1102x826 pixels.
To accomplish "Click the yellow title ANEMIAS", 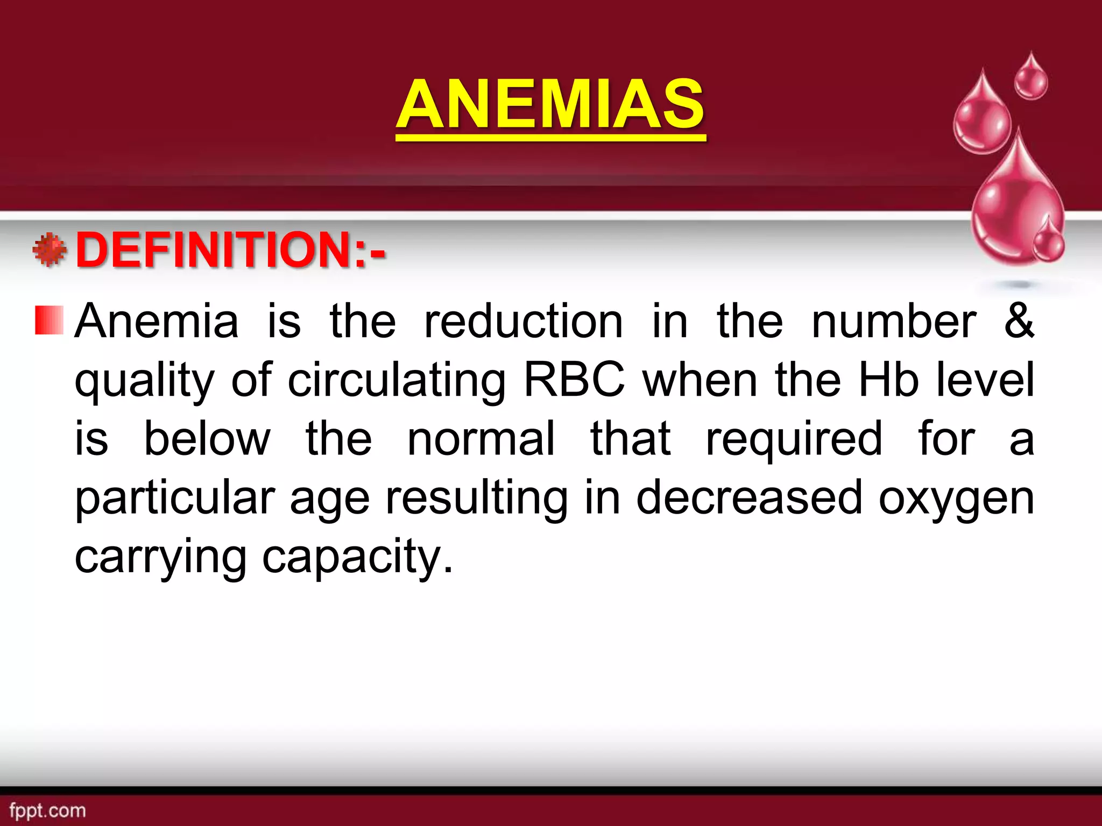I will (x=550, y=104).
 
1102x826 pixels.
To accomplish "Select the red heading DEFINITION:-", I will (x=230, y=250).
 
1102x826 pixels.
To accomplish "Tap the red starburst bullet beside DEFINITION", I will (x=50, y=250).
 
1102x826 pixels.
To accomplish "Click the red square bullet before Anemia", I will (x=49, y=321).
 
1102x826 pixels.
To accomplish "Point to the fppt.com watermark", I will (x=47, y=810).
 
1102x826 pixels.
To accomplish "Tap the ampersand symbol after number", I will (x=1019, y=321).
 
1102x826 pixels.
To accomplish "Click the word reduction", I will (x=523, y=322).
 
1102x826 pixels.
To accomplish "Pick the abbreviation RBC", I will (x=574, y=380).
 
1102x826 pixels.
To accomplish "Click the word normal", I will (x=481, y=439).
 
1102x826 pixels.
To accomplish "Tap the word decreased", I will (x=749, y=498).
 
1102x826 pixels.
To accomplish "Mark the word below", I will (x=207, y=439).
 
